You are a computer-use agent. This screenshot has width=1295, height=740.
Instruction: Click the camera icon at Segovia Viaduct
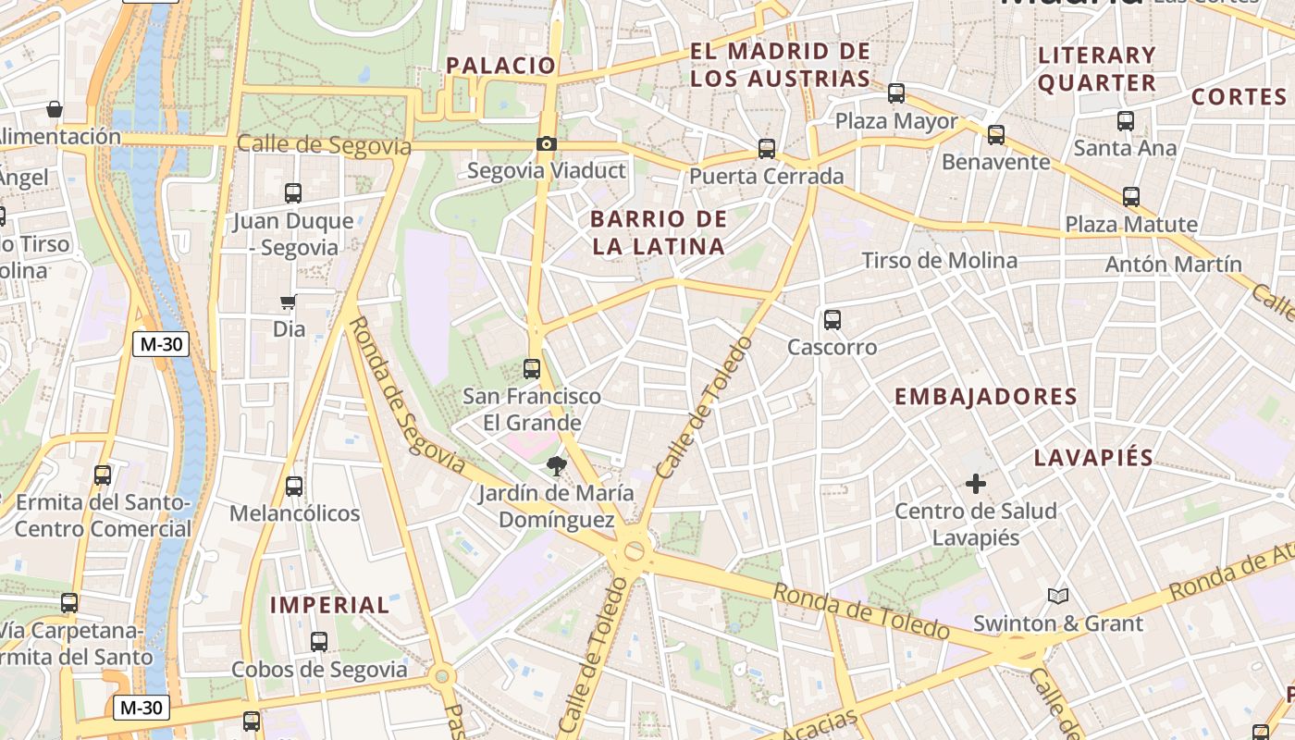[547, 143]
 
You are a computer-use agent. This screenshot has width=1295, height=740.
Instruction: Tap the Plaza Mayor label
[896, 121]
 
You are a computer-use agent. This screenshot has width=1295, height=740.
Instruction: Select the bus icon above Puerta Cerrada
[766, 148]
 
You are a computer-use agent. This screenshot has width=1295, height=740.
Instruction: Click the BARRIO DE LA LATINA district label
[658, 233]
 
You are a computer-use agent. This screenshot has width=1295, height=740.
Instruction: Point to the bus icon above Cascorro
[832, 320]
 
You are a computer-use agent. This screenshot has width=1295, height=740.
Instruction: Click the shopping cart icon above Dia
[289, 302]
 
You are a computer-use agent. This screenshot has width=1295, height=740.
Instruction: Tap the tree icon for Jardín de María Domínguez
[556, 465]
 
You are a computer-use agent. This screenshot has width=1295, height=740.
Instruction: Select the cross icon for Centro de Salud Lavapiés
[976, 483]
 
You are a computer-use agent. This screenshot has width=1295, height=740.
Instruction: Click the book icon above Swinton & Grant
[1058, 596]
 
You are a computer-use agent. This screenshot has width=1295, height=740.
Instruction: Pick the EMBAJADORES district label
[986, 397]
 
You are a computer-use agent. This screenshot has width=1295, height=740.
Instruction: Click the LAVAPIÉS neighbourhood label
[1093, 457]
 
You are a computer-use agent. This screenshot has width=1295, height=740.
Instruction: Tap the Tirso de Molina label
[940, 261]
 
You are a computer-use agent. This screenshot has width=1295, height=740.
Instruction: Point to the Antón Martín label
[1174, 265]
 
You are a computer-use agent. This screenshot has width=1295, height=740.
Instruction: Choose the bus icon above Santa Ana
[1126, 120]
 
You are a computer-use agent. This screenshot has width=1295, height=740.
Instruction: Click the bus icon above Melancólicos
[294, 486]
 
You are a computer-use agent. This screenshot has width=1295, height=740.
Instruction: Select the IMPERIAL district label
[329, 605]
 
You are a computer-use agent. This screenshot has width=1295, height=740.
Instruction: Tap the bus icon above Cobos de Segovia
[319, 641]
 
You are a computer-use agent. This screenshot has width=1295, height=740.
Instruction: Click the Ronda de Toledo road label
[862, 611]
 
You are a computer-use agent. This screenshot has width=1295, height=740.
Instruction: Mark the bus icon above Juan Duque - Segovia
[293, 193]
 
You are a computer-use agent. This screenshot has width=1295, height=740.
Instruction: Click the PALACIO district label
[500, 66]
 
